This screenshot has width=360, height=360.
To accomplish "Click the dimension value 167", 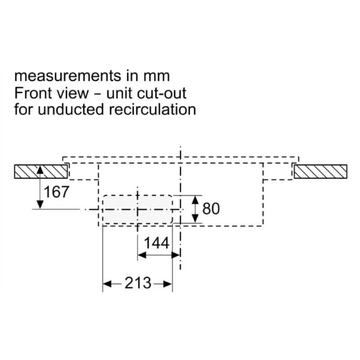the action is [56, 192].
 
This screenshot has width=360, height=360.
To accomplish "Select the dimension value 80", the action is [211, 209].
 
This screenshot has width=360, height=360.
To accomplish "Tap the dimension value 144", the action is [157, 243].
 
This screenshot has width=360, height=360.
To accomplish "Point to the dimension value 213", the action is [138, 283].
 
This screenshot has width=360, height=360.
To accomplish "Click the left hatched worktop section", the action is [41, 171].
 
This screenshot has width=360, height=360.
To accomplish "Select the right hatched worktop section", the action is [320, 171].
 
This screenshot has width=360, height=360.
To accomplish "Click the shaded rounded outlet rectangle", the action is [137, 209].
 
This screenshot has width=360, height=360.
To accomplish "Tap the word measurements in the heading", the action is [67, 76].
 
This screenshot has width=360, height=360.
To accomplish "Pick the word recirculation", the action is [153, 109].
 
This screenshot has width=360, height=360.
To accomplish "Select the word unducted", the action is [71, 109].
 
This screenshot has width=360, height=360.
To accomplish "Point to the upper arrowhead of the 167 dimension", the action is [40, 170].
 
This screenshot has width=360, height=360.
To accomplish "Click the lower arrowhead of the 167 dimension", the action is [40, 204].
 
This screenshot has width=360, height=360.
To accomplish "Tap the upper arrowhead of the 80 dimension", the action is [195, 200].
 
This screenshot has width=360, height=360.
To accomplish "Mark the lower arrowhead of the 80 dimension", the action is [195, 218].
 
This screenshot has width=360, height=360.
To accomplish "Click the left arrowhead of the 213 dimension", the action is [107, 284].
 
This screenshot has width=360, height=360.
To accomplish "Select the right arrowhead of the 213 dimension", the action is [167, 284].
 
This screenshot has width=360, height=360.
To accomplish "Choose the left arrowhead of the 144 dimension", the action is [142, 255].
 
